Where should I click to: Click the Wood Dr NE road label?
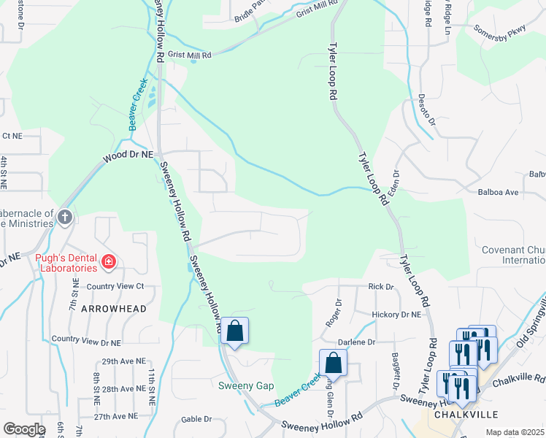coord(128,155)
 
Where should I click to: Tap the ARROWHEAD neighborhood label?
coord(113,309)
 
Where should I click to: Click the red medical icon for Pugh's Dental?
coord(109,261)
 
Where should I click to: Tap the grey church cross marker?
coord(65,217)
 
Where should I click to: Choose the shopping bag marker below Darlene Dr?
coord(333,362)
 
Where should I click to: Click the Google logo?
coord(24,429)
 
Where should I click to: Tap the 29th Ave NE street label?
coord(121,361)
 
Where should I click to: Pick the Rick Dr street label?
coord(380,287)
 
